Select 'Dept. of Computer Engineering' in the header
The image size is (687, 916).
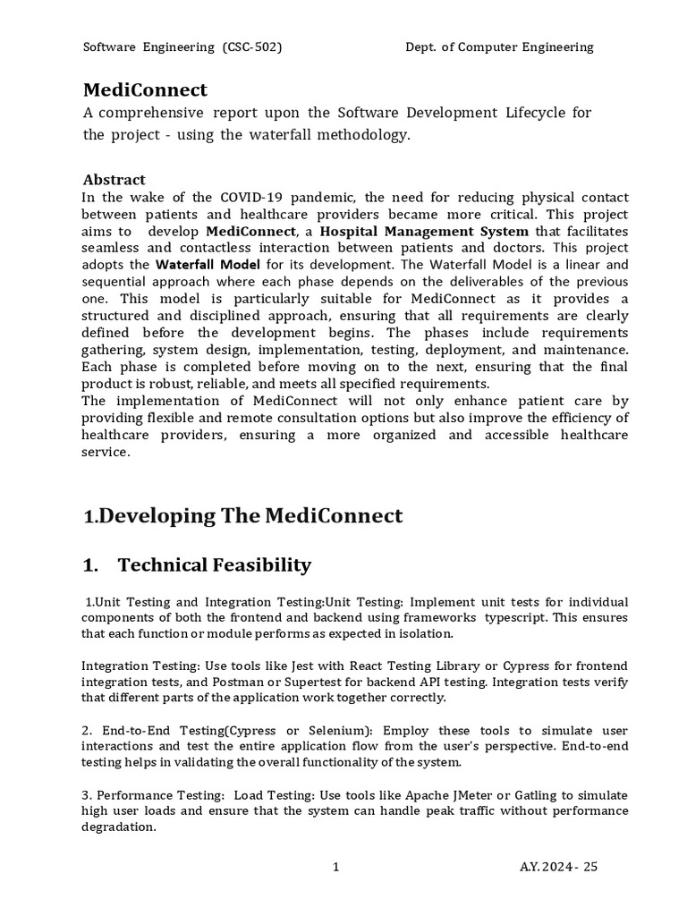click(x=499, y=47)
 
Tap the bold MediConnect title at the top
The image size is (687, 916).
click(x=145, y=89)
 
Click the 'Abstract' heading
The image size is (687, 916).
click(x=114, y=179)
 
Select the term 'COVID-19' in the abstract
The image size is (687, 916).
click(x=250, y=197)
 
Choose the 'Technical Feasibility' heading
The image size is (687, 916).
click(x=215, y=564)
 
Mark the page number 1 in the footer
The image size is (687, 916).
click(x=335, y=867)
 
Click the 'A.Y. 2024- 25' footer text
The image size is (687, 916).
click(x=557, y=867)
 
